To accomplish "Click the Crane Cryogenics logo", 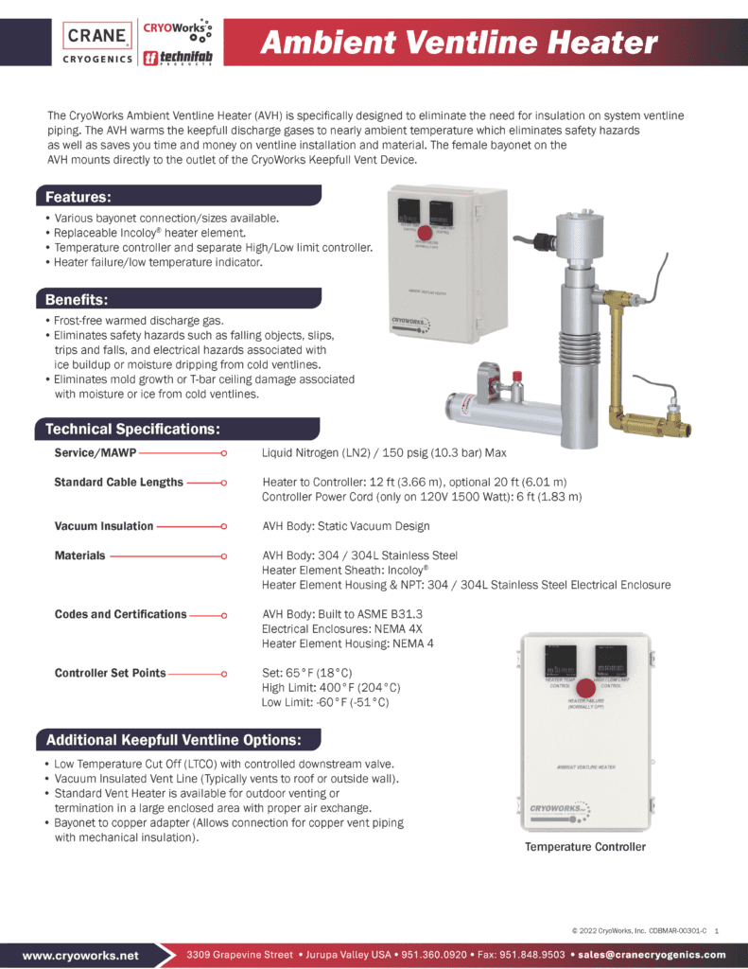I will [x=98, y=44].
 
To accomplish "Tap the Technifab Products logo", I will [x=177, y=58].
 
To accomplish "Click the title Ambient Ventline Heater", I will [x=459, y=43].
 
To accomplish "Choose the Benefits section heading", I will [x=78, y=300].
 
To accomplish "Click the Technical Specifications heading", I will [x=133, y=430].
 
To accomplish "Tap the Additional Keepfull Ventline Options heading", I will [x=174, y=739].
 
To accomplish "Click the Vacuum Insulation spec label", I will [x=104, y=526].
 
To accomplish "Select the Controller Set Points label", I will [x=111, y=673].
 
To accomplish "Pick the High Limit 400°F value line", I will [x=331, y=688].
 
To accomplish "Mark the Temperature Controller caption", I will [x=585, y=847].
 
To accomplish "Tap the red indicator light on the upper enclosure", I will [x=426, y=232].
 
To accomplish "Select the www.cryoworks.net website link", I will [x=80, y=956].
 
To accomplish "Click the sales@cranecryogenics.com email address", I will [x=652, y=955].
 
